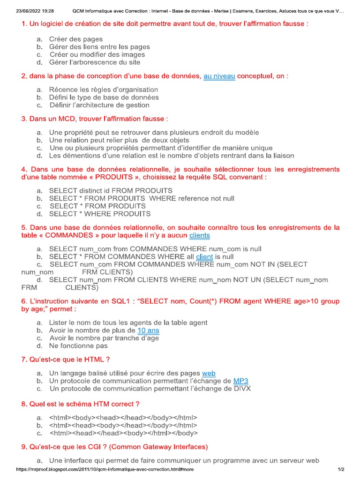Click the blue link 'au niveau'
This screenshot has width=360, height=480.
(x=219, y=76)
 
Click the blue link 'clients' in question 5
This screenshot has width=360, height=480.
(x=199, y=235)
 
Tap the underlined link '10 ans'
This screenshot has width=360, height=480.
(x=148, y=330)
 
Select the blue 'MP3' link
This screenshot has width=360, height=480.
(x=241, y=381)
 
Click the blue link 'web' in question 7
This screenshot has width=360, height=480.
(x=209, y=373)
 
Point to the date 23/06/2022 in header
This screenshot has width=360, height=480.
(x=26, y=11)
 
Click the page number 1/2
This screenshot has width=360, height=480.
(x=341, y=469)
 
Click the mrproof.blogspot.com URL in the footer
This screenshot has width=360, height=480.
(x=105, y=469)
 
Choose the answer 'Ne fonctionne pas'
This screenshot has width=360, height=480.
(x=78, y=346)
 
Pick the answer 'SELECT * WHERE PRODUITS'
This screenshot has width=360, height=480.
(x=100, y=214)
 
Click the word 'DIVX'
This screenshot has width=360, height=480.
(x=242, y=389)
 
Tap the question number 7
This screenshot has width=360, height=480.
(x=24, y=360)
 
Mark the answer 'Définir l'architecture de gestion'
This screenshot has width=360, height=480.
(x=99, y=105)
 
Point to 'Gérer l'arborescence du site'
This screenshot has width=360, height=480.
(x=95, y=62)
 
